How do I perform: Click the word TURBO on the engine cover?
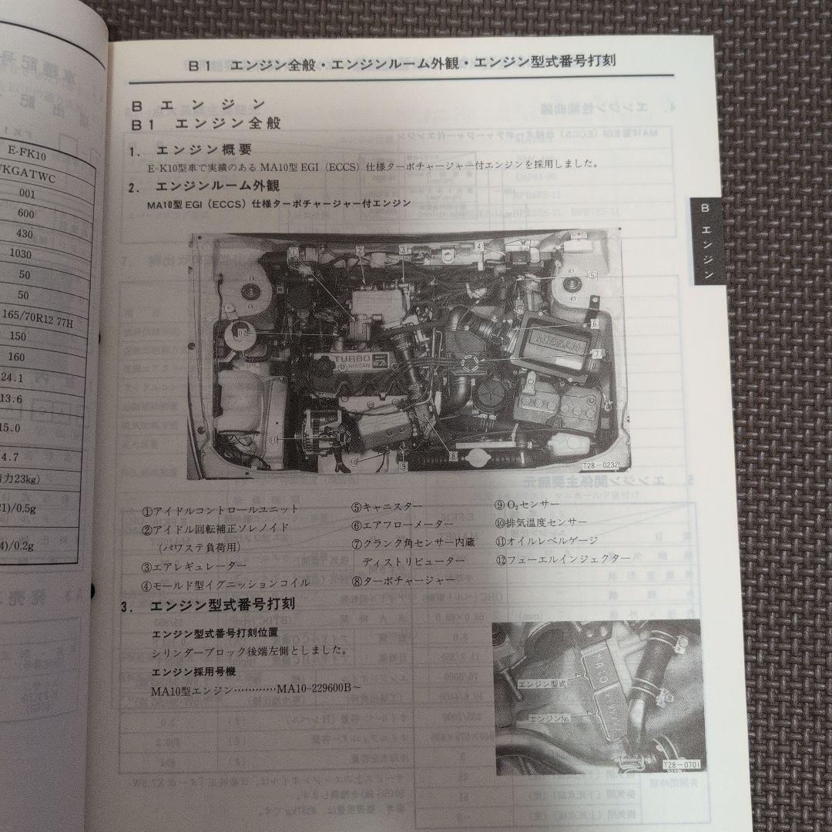click(x=354, y=361)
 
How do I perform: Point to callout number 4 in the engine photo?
click(x=479, y=247)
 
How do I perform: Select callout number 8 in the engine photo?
click(x=453, y=455)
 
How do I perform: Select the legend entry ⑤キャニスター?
click(x=387, y=506)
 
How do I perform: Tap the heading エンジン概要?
click(x=203, y=149)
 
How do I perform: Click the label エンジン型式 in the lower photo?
click(x=542, y=683)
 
